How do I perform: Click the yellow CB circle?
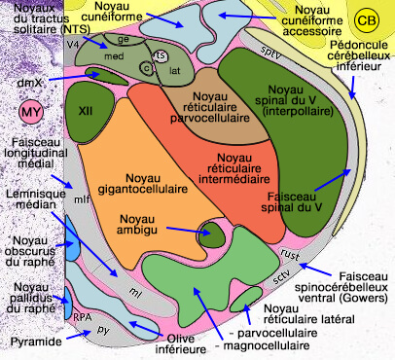[367, 19]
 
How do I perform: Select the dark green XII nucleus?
[85, 111]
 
